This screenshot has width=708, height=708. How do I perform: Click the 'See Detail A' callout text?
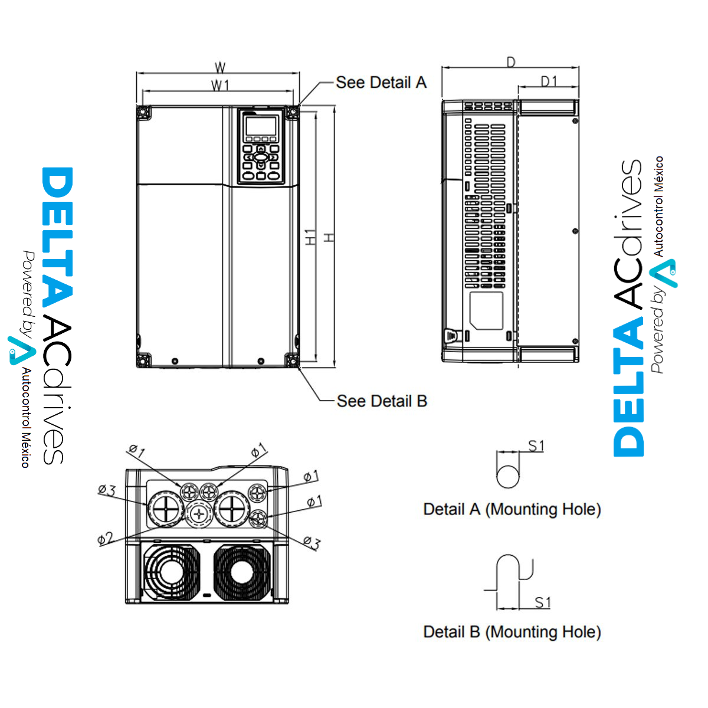pos(381,83)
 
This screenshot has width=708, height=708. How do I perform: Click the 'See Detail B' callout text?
pos(382,401)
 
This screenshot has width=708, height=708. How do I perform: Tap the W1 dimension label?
pos(220,86)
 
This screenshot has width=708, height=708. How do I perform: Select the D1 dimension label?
pos(549,81)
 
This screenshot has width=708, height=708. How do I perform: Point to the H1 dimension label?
pos(310,237)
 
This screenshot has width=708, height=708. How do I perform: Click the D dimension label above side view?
pos(511,62)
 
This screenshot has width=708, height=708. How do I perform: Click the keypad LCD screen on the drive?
pos(261,125)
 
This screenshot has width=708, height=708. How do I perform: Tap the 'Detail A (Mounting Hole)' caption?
pos(512,509)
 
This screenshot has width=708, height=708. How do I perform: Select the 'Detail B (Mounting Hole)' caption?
pos(512,632)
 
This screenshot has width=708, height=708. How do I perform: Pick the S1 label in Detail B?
pos(542,602)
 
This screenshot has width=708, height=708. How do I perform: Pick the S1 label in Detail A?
pos(536,446)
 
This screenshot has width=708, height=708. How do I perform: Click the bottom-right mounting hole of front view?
pos(291,359)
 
